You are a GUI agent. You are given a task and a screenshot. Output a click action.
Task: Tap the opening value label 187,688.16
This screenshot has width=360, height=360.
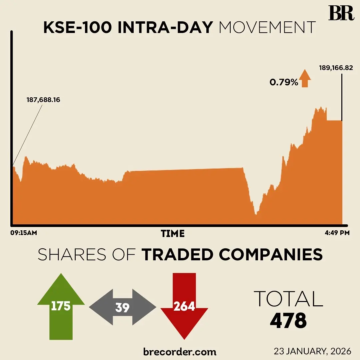point(43,100)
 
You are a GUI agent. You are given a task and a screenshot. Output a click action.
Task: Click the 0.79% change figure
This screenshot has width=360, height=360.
point(284,82)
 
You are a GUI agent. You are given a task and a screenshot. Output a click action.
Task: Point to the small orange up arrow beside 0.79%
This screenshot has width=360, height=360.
point(305,79)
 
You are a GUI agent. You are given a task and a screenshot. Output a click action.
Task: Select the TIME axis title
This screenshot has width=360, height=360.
point(173,233)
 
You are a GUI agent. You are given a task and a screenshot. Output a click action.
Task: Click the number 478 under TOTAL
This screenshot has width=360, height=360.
point(288,321)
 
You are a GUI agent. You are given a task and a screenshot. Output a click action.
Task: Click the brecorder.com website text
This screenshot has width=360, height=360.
point(180,352)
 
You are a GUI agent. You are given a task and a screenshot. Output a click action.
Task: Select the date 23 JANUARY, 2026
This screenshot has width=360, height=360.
point(312,351)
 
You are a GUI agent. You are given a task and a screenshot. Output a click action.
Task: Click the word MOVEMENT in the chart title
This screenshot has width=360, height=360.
point(267,28)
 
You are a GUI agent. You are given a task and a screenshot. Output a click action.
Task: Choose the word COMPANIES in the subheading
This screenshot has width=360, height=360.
point(271,255)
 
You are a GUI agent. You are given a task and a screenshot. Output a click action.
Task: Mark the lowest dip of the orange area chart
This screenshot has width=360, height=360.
point(256,214)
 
